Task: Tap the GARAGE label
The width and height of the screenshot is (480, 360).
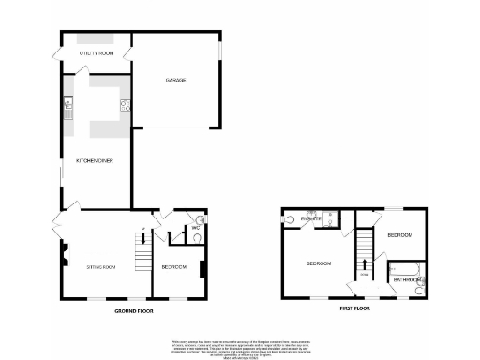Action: pos(175,82)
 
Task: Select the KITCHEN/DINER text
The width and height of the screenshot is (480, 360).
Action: pos(95,160)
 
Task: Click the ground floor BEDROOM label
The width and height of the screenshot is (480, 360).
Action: pos(174,268)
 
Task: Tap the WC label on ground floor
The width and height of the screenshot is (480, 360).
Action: pos(196,228)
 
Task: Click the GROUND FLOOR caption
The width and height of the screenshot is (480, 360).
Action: pos(134,310)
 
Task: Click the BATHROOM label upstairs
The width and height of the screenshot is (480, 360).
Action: pos(407,279)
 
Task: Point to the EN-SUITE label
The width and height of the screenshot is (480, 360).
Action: pos(312,219)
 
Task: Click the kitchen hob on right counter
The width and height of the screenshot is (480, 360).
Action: pos(123,105)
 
